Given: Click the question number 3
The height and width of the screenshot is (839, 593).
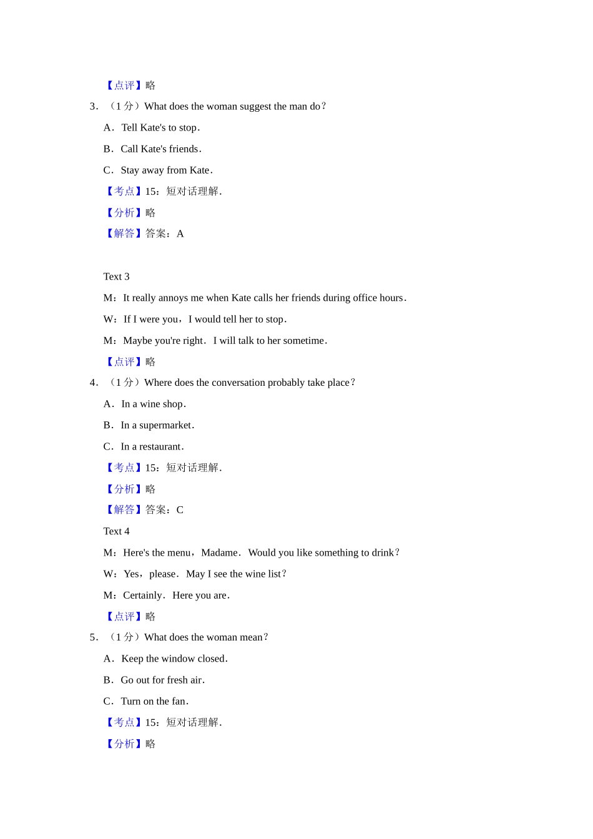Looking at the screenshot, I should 93,107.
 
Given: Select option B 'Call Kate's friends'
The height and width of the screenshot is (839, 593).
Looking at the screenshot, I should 160,149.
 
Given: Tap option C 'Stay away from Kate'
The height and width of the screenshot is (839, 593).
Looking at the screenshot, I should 166,170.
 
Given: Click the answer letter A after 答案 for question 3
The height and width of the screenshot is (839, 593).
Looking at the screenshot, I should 180,234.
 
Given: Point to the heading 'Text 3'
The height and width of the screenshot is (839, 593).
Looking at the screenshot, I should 116,277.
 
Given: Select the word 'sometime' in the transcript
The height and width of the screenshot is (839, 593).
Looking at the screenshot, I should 303,341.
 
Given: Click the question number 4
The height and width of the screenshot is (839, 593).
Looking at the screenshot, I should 93,383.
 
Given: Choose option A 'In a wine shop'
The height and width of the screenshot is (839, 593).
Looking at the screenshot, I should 153,405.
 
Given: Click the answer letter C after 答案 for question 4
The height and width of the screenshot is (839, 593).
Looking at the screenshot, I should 180,510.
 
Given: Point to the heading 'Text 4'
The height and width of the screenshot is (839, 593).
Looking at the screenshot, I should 116,531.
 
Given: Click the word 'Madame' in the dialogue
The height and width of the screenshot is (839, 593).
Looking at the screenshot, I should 219,553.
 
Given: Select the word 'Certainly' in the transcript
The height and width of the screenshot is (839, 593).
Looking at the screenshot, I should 143,596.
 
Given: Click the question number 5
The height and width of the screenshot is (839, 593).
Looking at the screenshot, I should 93,637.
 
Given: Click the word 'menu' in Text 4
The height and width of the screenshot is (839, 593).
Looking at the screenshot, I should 179,553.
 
